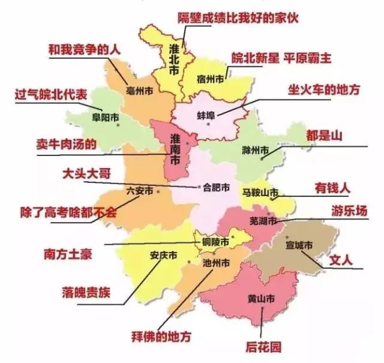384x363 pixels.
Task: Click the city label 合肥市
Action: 217,187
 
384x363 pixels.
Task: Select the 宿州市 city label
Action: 212,79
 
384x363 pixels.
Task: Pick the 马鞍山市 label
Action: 260,192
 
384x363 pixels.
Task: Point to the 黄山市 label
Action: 261,298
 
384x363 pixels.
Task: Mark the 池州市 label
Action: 217,263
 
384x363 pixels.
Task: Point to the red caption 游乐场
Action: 349,211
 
